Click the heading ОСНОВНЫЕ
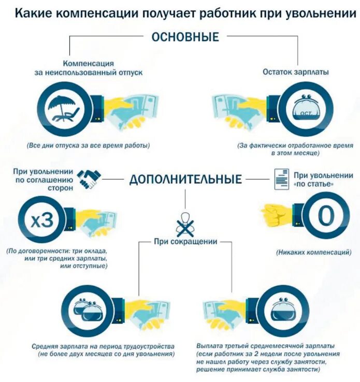tap(185, 37)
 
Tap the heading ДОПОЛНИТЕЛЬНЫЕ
tap(185, 180)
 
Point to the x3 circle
tap(41, 221)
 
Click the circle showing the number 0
tap(325, 216)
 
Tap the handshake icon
tap(90, 179)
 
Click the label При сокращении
tap(185, 241)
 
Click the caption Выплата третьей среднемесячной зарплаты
tap(265, 346)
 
